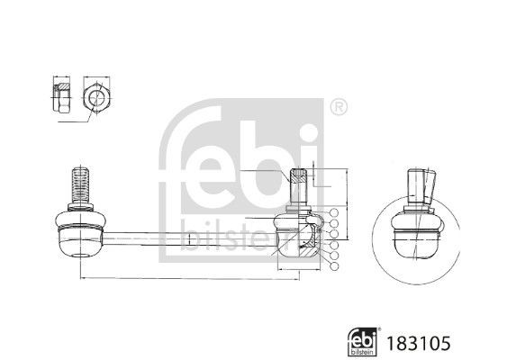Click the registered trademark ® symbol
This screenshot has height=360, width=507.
pos(337,107)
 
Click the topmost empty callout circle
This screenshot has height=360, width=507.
pos(334,213)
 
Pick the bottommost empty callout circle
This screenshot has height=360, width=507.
pos(334,267)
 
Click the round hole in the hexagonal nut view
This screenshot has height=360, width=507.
pos(95,96)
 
